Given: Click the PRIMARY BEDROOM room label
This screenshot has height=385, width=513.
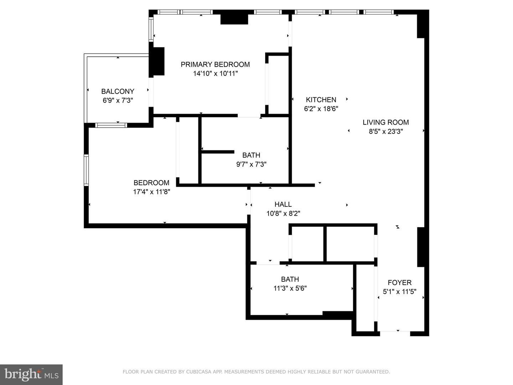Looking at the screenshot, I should tap(215, 65).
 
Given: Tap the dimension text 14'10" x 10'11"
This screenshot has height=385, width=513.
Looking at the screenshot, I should tap(215, 74).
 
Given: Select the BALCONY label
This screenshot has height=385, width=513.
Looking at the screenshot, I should tap(118, 91).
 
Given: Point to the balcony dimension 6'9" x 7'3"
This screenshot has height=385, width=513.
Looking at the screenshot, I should tap(118, 101).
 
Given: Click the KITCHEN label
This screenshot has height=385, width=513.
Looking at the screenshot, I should tap(321, 100).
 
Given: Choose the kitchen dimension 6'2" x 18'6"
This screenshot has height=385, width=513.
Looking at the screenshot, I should tap(321, 109).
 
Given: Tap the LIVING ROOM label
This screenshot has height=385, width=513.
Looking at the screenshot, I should tap(385, 122).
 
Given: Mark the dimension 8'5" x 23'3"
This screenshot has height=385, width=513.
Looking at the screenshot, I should tap(385, 132).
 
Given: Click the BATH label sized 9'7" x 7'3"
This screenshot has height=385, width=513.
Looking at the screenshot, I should tap(251, 155).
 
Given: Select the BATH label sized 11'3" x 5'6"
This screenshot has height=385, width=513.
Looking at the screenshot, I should tap(290, 279).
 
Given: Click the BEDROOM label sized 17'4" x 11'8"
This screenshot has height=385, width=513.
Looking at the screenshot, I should tap(151, 183).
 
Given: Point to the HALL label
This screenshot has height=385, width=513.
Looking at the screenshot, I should tap(283, 204).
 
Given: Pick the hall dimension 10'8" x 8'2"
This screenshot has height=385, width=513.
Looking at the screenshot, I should tap(283, 214).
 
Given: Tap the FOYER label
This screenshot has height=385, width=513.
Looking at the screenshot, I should tap(399, 283).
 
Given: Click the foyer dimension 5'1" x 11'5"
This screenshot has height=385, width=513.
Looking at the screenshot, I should tap(399, 292).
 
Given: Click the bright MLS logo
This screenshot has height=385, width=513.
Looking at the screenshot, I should tap(31, 374).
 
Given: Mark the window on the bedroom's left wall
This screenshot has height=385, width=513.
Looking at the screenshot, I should tap(86, 170).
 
